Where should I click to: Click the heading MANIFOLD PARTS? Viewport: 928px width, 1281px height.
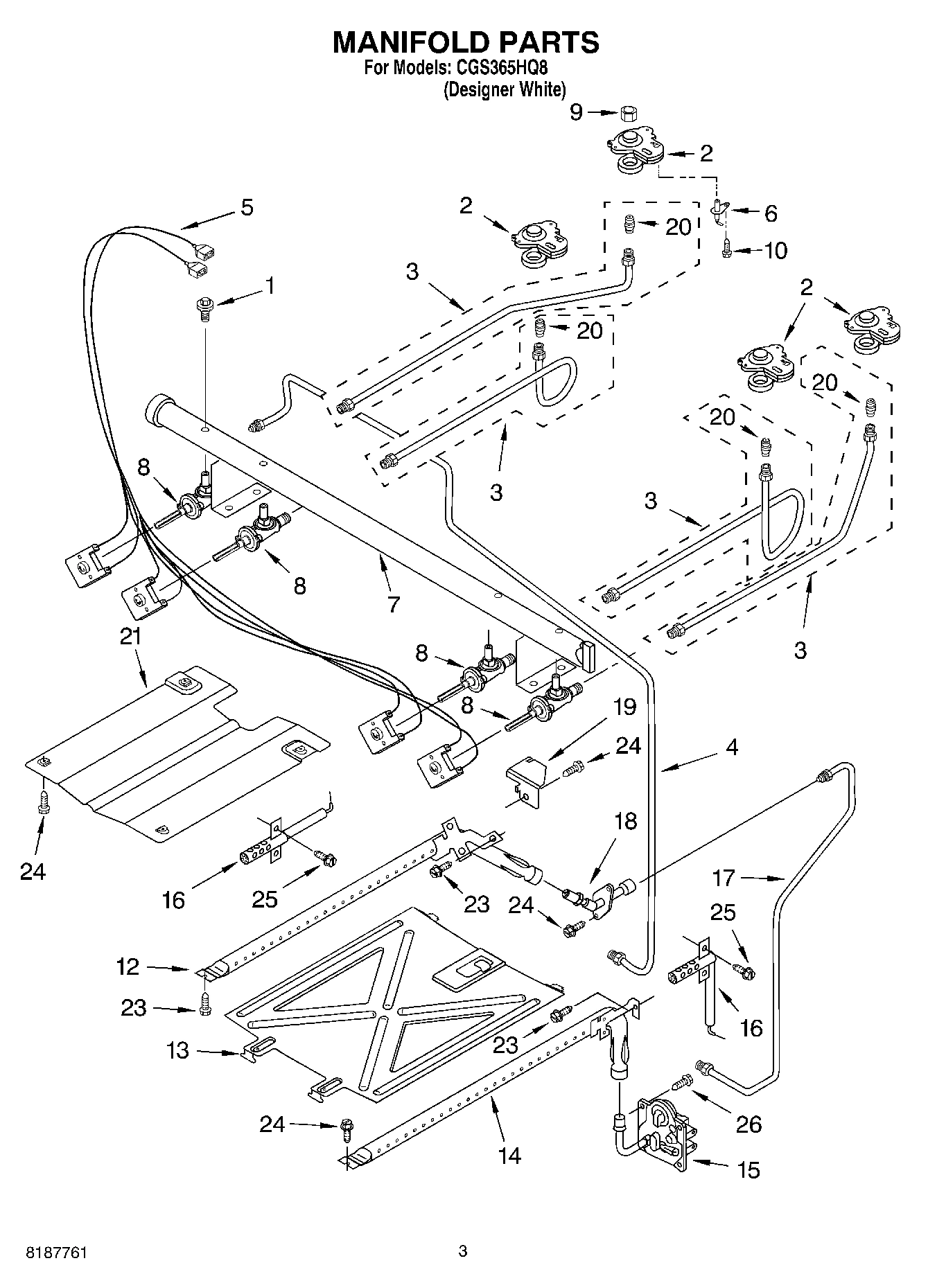point(465,42)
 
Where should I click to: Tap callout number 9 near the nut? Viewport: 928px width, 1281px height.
point(577,112)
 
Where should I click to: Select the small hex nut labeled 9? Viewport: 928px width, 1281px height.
point(629,113)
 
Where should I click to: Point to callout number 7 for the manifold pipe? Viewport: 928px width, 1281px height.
point(394,604)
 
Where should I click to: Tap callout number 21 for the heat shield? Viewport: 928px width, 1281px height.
point(131,636)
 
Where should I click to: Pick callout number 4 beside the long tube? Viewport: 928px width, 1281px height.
point(732,747)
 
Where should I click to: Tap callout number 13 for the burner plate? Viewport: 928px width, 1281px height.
point(177,1050)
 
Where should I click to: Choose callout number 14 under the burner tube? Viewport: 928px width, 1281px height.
point(509,1155)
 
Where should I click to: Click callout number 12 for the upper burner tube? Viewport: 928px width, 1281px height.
point(128,966)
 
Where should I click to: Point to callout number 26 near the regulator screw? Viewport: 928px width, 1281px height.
point(749,1123)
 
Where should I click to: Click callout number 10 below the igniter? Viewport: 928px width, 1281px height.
point(776,250)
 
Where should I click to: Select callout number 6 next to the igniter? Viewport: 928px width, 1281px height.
point(770,213)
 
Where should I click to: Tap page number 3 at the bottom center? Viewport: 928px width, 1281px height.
point(463,1251)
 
